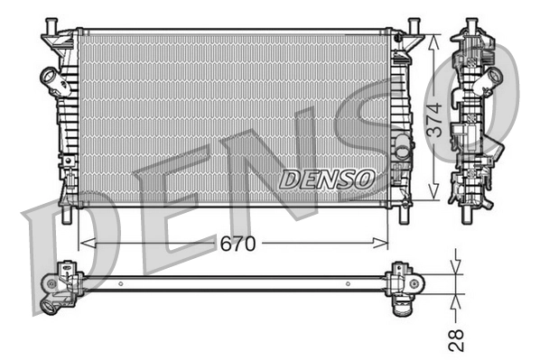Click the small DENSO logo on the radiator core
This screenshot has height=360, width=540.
click(327, 179)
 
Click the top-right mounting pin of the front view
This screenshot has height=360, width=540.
click(413, 24)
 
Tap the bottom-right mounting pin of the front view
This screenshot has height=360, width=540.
click(402, 217)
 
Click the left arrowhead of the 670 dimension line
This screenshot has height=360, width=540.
click(84, 243)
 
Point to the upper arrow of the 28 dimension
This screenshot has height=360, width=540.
click(457, 267)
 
